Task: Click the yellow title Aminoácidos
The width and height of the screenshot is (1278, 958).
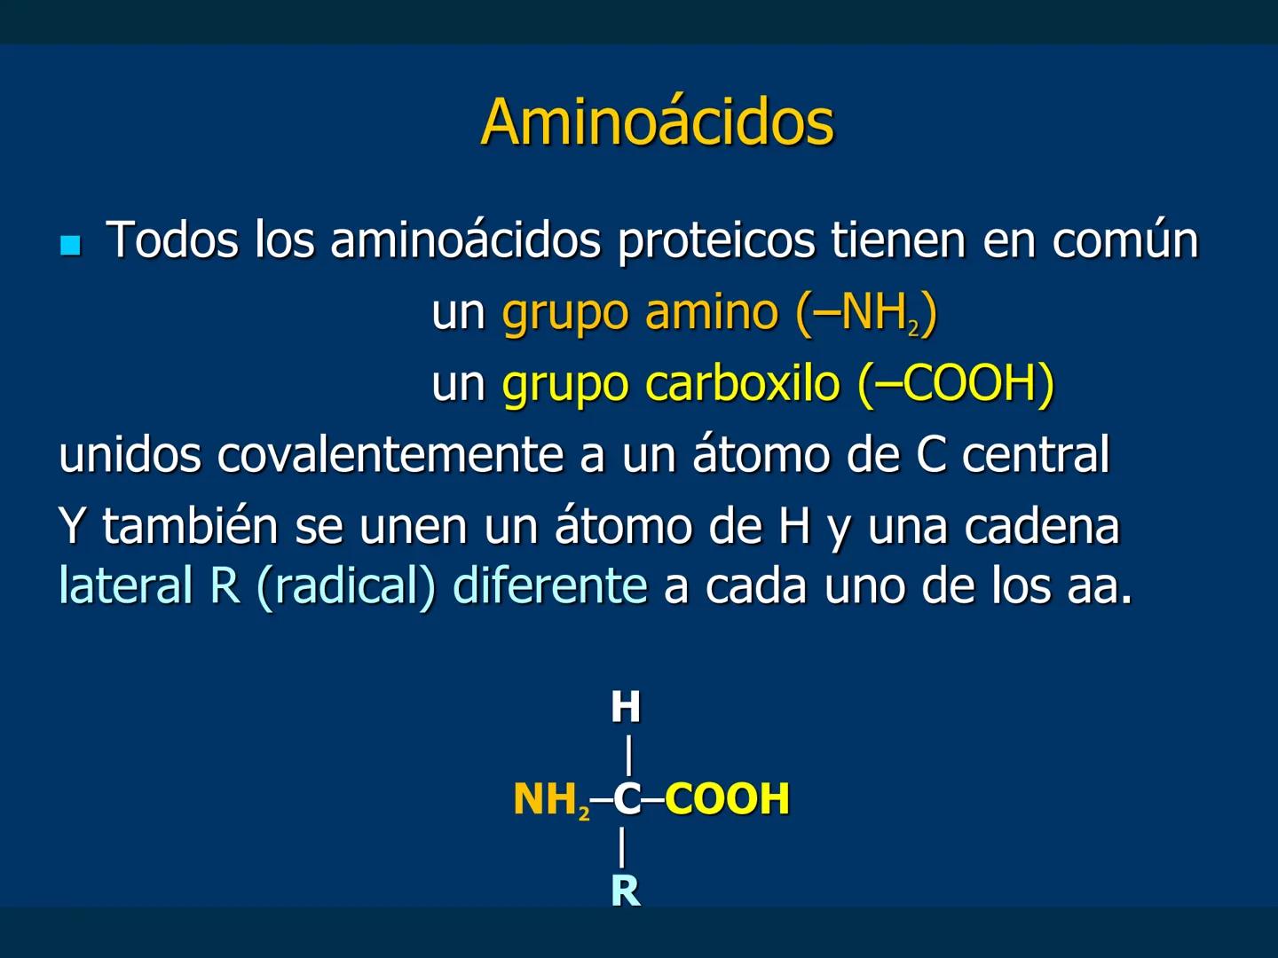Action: point(657,122)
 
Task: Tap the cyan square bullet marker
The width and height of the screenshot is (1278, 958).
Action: point(70,245)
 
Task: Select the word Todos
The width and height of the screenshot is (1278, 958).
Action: point(172,239)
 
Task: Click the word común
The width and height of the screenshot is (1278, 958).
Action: point(1124,239)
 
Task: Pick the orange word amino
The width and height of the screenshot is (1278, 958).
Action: point(711,312)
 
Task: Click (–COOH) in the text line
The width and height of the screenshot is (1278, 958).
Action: point(956,383)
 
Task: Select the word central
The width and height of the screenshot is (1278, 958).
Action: point(1036,455)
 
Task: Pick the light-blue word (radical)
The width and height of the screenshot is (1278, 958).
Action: point(346,585)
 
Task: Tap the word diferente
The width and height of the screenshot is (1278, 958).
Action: point(550,585)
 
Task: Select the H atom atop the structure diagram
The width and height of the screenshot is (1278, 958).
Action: point(626,708)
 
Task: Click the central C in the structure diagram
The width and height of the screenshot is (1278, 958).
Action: point(627,799)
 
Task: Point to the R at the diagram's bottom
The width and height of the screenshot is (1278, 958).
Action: point(626,891)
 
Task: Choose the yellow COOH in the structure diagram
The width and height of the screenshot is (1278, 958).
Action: point(727,799)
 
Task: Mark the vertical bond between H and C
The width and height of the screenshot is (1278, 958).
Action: point(629,755)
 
